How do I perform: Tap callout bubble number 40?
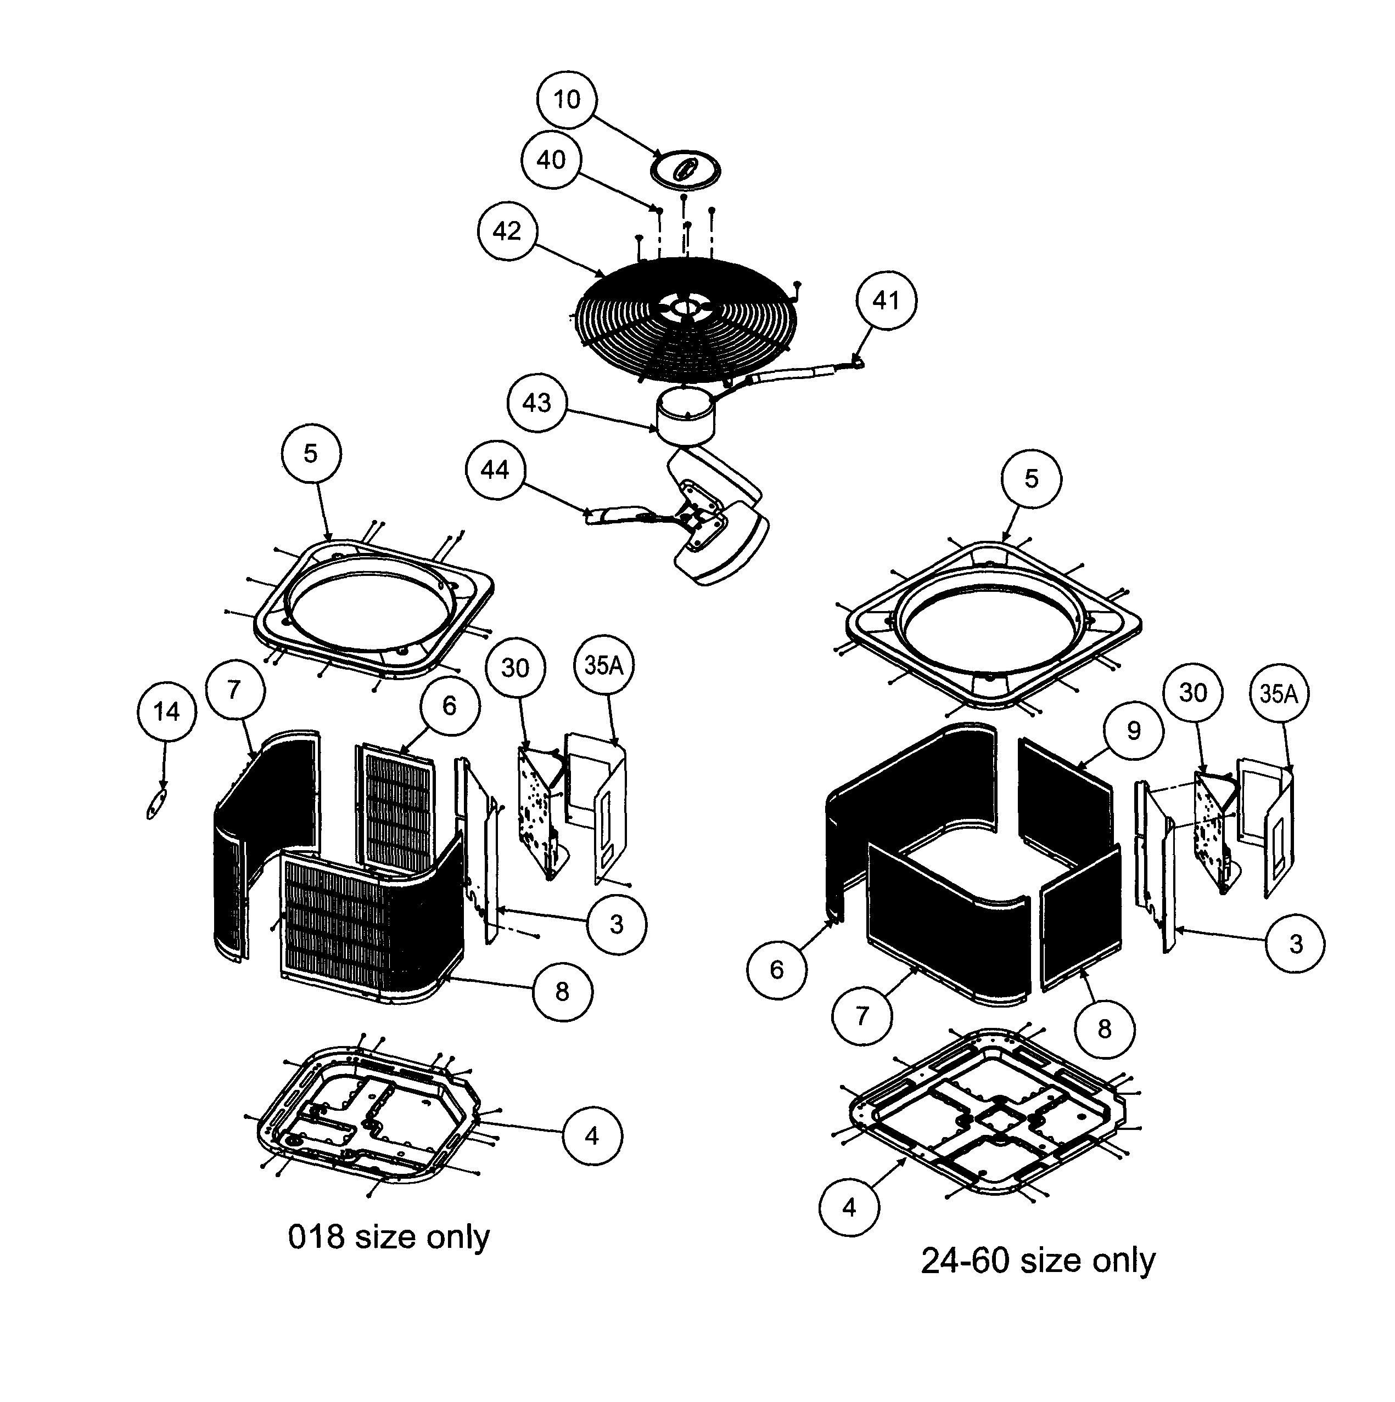551,160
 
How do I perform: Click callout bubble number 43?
537,403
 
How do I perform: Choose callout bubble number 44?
495,470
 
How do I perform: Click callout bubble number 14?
167,711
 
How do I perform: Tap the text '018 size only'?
389,1236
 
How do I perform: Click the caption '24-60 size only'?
1038,1260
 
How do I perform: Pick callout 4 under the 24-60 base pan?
849,1207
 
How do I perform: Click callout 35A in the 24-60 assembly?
1279,694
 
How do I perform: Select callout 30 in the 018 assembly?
516,668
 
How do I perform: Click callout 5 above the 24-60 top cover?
1031,479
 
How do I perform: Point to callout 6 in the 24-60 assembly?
776,970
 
